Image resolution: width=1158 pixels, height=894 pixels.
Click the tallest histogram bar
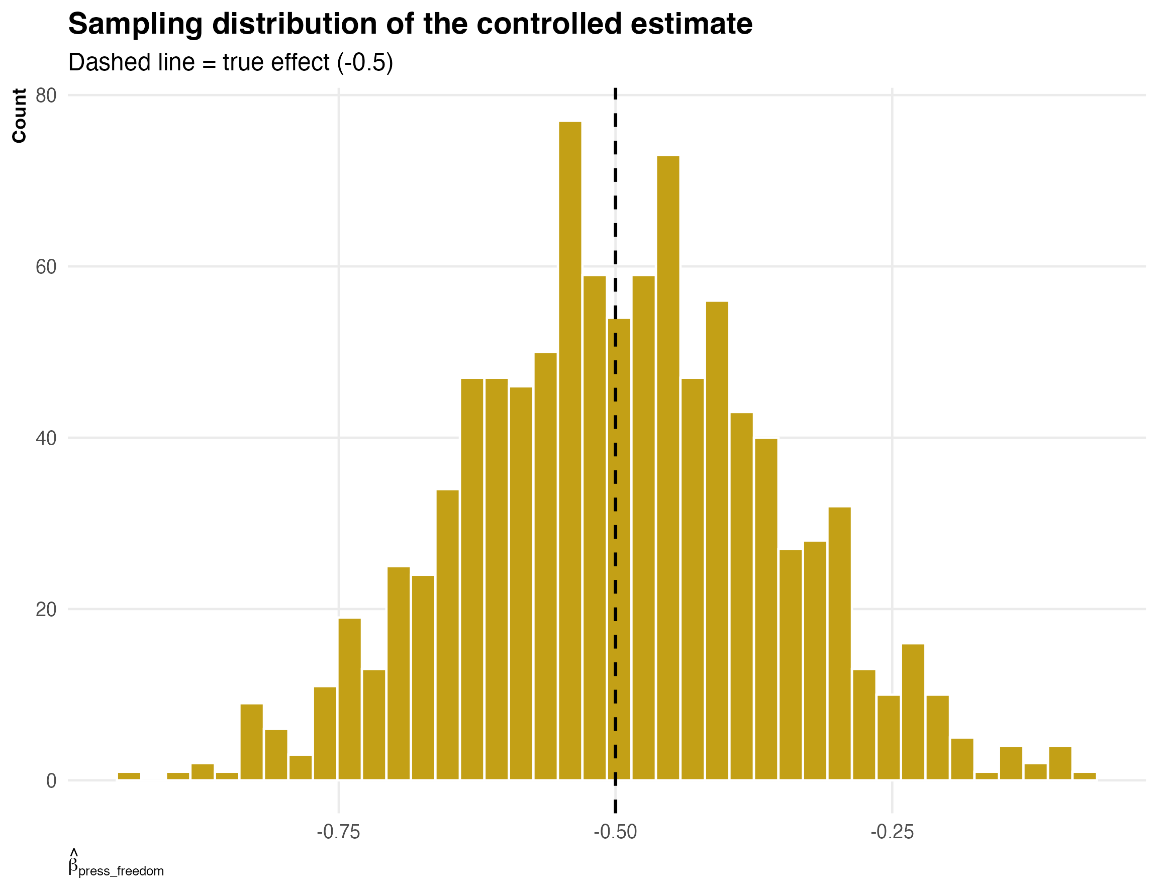point(570,451)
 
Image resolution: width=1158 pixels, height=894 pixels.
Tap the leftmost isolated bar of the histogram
point(129,776)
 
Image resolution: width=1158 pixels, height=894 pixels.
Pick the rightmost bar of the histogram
point(1084,776)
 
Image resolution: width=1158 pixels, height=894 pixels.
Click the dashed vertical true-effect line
point(615,212)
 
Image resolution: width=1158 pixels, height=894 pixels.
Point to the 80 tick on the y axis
point(46,96)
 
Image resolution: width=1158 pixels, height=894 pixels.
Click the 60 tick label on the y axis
point(46,267)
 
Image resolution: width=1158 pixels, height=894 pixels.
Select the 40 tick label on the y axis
point(46,439)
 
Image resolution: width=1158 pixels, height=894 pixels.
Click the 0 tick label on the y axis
point(51,781)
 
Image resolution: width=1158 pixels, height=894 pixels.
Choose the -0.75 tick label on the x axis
point(338,832)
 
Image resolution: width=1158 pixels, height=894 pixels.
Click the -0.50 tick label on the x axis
point(615,832)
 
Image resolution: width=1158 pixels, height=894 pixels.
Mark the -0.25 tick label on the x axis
point(892,832)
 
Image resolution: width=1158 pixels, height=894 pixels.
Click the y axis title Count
point(20,116)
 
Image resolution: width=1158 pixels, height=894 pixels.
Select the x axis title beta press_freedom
point(116,864)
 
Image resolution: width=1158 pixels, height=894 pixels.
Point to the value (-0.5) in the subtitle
point(365,63)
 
